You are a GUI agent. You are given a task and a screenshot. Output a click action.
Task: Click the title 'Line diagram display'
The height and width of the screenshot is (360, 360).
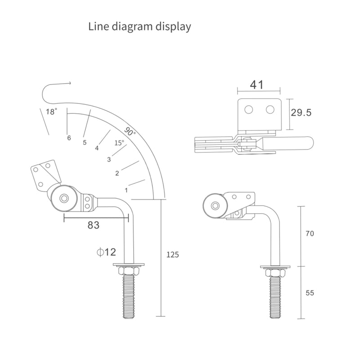tap(139, 26)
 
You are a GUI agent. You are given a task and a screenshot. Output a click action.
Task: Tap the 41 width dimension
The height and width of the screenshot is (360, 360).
tap(257, 84)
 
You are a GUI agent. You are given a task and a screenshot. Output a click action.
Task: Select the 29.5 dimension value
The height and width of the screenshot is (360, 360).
tap(301, 112)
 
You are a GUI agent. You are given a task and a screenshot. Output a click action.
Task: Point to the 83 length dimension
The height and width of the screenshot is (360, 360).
tap(93, 225)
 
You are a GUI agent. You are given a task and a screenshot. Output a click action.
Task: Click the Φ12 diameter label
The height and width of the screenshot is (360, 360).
tap(106, 252)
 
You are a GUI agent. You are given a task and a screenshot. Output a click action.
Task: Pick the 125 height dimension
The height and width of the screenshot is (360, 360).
tap(172, 255)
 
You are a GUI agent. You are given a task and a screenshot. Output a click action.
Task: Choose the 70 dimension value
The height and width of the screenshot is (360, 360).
tap(309, 234)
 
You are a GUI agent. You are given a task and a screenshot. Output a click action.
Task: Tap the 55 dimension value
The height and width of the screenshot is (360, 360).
tap(309, 293)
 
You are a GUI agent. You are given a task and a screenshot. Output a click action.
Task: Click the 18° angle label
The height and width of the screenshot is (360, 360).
tap(52, 112)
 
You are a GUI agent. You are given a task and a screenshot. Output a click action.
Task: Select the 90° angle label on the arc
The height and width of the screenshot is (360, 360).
tap(130, 132)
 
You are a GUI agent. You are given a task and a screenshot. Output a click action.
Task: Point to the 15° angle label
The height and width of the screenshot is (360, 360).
tap(119, 143)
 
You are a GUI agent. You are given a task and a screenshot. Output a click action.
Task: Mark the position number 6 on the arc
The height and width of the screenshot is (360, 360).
tap(69, 138)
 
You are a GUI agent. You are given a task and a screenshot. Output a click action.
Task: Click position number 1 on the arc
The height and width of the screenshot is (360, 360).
tap(126, 190)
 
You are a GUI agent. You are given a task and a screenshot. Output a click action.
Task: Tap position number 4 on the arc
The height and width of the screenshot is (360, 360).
tap(96, 148)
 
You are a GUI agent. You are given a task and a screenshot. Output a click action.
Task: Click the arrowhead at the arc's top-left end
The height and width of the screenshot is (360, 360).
tap(70, 83)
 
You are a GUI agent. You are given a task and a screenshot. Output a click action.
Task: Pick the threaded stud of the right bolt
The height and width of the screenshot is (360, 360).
tap(275, 297)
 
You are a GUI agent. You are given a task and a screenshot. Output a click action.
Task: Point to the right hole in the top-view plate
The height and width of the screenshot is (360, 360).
tap(270, 109)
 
